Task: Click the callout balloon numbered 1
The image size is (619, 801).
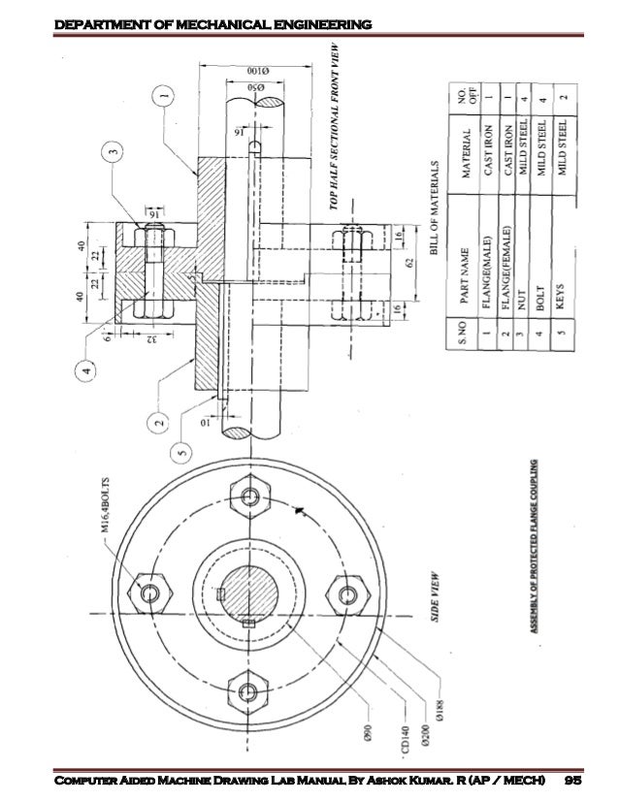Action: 164,95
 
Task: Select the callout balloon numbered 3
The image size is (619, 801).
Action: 114,151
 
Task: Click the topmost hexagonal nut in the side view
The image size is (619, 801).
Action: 252,497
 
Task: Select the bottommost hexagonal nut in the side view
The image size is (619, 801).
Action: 250,691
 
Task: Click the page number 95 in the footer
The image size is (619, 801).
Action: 572,780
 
